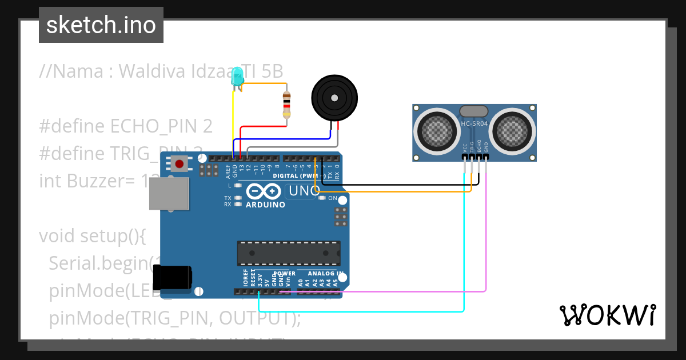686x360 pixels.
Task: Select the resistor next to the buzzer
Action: click(x=286, y=105)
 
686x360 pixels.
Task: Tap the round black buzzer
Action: click(x=334, y=98)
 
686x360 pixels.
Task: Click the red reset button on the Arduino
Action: click(x=180, y=164)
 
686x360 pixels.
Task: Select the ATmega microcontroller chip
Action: click(x=289, y=253)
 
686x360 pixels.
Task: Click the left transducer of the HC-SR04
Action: click(x=437, y=132)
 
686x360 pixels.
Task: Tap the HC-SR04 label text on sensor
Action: click(x=474, y=124)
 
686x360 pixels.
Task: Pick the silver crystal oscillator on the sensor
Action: click(x=474, y=111)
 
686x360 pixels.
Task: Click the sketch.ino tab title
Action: click(x=101, y=25)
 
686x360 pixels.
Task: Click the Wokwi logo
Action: click(x=607, y=315)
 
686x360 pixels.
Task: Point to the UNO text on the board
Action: click(x=302, y=191)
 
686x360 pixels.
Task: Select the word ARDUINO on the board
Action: click(x=265, y=205)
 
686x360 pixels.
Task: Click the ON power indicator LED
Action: click(x=322, y=198)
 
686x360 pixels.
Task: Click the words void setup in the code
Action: click(x=93, y=235)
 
